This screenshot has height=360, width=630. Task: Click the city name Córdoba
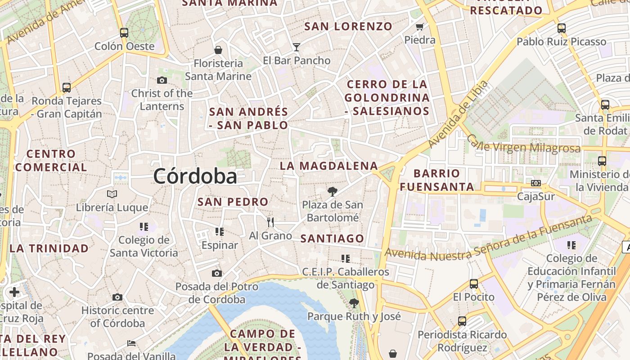195,176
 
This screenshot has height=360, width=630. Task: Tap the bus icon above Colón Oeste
124,33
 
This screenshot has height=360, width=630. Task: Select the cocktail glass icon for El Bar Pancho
296,47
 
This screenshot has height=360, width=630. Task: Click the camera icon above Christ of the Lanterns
162,81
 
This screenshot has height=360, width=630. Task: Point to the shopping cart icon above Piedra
420,27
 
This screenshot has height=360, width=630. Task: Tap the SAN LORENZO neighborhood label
348,27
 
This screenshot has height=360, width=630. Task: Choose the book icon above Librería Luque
112,194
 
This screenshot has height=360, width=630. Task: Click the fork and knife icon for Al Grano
270,222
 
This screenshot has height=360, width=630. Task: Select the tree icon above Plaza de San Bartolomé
332,192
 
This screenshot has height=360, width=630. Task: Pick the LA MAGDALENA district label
329,166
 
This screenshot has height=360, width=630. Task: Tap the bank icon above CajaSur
535,183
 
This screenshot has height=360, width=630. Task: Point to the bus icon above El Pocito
473,284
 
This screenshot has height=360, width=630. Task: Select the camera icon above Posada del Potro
216,273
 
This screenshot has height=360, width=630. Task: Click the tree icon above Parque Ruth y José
354,303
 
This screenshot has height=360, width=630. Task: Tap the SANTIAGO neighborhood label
332,238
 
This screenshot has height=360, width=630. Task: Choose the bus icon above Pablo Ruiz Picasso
561,28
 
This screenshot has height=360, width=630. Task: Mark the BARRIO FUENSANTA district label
437,180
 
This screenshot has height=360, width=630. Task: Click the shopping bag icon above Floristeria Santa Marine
218,50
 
